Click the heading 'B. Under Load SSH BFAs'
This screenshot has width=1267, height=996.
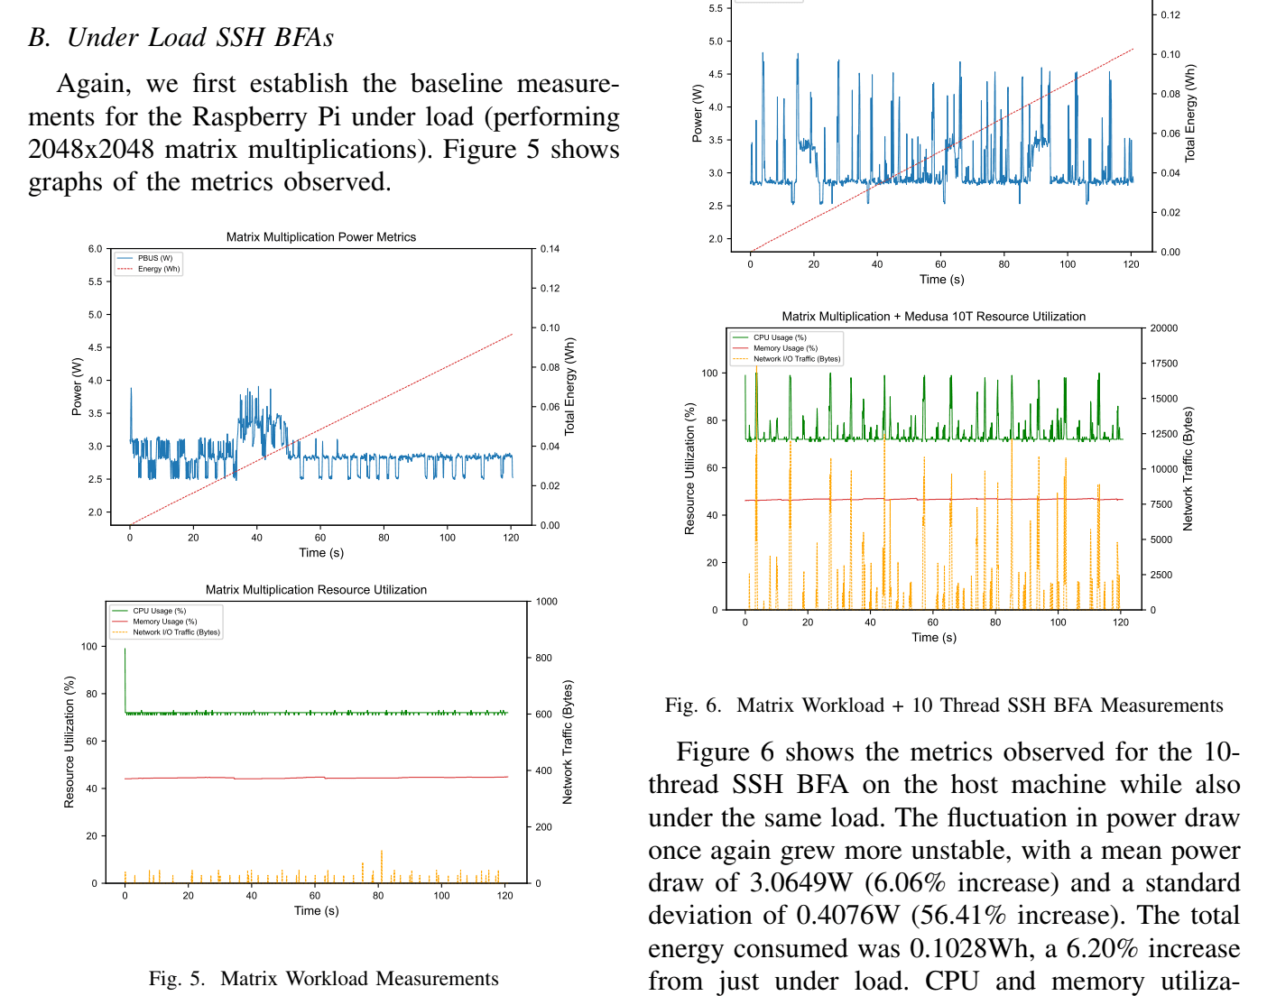180,38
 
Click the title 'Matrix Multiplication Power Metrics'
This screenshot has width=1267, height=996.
320,237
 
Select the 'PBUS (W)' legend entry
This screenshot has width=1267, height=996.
154,258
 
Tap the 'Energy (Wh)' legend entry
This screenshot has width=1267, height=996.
158,269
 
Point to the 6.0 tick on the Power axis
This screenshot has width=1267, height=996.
95,249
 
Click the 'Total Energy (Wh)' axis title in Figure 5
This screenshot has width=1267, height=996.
569,387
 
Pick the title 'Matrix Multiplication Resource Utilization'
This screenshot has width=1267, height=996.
316,590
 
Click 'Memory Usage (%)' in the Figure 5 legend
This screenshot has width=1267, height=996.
164,622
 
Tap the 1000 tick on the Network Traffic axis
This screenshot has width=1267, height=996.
546,602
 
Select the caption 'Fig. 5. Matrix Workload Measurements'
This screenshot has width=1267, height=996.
323,979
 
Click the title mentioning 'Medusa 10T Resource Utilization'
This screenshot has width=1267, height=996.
933,317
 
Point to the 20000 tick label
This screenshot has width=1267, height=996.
1163,328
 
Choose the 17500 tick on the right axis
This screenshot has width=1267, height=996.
1163,364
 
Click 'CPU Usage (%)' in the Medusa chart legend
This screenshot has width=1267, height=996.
780,337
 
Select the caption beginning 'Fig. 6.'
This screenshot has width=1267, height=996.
944,705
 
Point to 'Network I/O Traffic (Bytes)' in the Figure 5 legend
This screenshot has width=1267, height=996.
176,632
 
